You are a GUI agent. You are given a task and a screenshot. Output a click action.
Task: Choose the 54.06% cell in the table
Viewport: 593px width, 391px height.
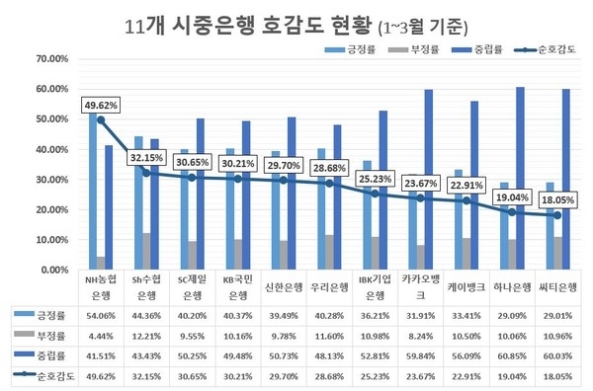click(x=101, y=315)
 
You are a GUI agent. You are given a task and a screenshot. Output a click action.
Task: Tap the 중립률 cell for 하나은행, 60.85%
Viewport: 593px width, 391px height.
click(x=515, y=354)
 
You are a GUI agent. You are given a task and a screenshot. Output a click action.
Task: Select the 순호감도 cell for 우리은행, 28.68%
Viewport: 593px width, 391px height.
click(x=331, y=375)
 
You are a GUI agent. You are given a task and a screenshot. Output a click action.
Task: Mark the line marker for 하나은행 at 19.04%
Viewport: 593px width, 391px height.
click(x=512, y=212)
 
